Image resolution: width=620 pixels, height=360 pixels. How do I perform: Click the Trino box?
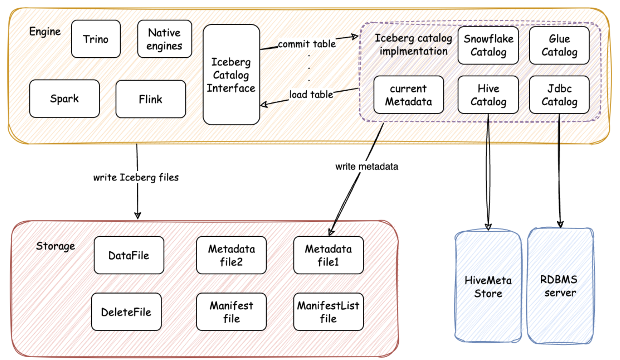click(96, 39)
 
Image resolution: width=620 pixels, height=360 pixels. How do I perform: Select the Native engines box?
click(164, 39)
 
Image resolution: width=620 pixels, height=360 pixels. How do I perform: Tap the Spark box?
click(64, 98)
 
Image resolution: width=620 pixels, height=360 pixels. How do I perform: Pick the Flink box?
click(150, 99)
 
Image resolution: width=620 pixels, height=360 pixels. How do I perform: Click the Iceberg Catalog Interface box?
click(231, 75)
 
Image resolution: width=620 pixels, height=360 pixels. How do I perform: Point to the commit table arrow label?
click(307, 44)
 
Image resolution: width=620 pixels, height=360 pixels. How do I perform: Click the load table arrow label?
click(311, 94)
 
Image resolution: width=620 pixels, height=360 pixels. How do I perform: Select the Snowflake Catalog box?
click(488, 45)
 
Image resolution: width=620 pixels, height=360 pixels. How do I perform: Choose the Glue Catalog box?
click(559, 45)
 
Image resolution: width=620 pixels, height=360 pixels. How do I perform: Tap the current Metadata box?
click(408, 95)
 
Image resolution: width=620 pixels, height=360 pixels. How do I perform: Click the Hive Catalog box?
click(488, 95)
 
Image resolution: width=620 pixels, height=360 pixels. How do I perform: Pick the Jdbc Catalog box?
click(559, 95)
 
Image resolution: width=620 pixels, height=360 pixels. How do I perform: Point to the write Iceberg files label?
click(136, 177)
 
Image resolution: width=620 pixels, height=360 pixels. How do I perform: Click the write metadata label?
click(366, 166)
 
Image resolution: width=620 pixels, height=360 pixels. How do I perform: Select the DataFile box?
click(129, 255)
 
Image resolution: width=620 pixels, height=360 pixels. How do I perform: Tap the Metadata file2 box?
click(231, 255)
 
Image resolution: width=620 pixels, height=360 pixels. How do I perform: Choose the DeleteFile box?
click(126, 312)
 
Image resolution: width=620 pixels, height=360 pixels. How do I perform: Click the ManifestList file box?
click(328, 312)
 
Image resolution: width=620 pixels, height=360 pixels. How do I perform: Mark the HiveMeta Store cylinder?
click(488, 286)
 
